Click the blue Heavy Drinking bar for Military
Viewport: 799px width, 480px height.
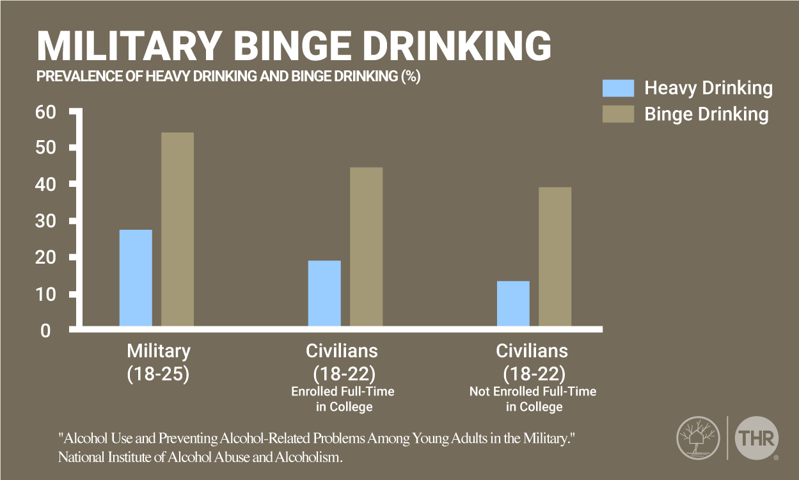coord(136,278)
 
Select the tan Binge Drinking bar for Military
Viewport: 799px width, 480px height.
coord(177,230)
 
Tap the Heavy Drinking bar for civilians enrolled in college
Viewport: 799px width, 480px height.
coord(324,294)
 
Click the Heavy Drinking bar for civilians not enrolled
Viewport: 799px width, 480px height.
coord(513,304)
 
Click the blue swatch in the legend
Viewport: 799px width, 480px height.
coord(618,88)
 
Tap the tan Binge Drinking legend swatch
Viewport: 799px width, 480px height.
coord(618,114)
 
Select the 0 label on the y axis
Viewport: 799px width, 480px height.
coord(45,331)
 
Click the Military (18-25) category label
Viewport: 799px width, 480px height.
coord(158,362)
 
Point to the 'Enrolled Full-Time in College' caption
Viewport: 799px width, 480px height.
coord(343,399)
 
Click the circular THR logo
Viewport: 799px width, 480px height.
coord(757,438)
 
